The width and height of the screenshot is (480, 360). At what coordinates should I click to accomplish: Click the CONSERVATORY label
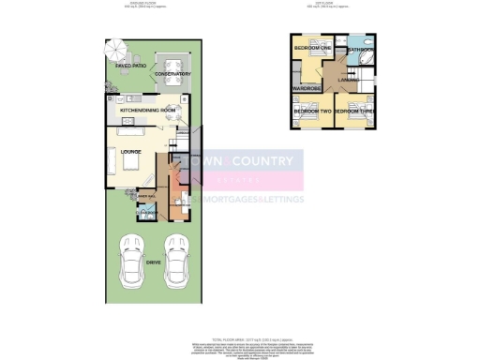(173, 74)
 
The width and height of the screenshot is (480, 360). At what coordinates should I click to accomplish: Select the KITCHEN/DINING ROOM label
(148, 111)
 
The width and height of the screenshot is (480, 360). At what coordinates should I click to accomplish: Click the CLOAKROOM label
(148, 213)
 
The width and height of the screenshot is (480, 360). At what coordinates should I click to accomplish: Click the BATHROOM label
(361, 48)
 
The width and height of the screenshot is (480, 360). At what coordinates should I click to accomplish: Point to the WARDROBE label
(307, 88)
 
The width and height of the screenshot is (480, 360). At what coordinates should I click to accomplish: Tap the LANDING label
(349, 82)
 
